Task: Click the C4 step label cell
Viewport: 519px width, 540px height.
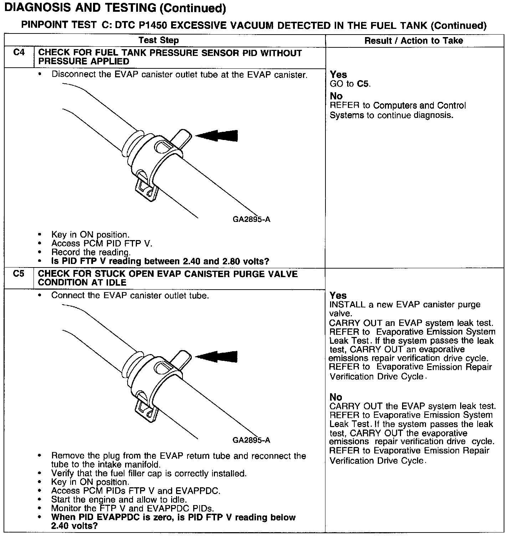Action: [x=19, y=53]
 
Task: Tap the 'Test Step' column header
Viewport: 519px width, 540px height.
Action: [x=159, y=40]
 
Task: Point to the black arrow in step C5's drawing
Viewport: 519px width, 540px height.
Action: [x=217, y=357]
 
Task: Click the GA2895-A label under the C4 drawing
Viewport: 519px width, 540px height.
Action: [x=251, y=219]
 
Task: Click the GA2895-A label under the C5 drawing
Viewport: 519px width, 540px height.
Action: [x=251, y=440]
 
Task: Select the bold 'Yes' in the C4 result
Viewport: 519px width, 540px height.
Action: [x=338, y=74]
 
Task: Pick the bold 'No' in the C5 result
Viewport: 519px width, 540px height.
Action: [x=336, y=397]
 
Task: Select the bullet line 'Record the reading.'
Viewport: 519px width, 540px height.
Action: [x=91, y=252]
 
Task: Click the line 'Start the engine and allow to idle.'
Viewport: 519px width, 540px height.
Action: [x=119, y=499]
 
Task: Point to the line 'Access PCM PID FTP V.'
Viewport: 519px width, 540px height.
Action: [x=102, y=244]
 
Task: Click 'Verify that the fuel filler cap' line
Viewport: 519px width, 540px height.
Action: [x=149, y=473]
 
